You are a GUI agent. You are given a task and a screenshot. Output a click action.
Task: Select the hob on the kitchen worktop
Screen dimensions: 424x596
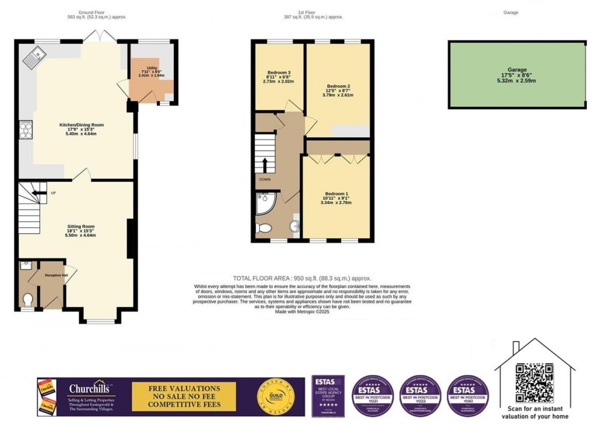tap(27, 130)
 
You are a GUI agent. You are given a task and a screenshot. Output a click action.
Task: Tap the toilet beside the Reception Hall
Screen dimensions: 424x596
tap(27, 298)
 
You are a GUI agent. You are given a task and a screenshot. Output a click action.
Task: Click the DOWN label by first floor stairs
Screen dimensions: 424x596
tap(265, 180)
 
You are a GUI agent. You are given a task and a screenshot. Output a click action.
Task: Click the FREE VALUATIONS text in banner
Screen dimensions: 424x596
tap(176, 388)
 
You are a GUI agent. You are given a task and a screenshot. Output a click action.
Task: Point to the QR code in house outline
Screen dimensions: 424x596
tap(527, 376)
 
